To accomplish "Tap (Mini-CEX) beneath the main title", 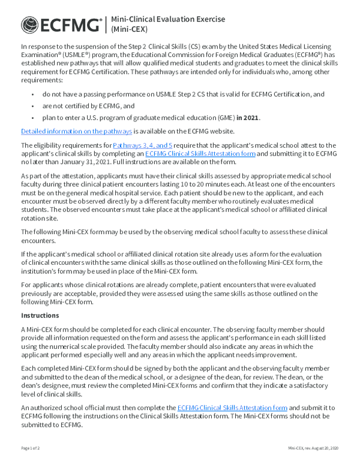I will point(130,29).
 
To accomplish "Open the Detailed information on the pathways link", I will point(76,131).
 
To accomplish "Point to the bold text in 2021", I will point(248,117).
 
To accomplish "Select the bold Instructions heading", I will point(40,315).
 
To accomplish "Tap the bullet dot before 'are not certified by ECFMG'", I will point(32,106).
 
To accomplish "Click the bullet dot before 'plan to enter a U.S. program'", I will point(32,117).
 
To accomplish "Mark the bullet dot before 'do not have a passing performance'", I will point(32,94).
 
